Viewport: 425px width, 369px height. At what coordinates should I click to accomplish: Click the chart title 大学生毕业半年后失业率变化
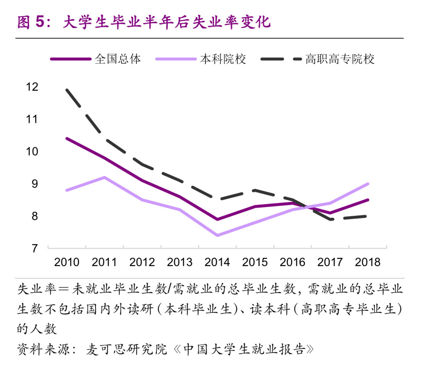coord(167,22)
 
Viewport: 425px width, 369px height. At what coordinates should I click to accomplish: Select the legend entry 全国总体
coord(118,59)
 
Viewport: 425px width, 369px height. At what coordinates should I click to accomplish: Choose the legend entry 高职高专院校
coord(340,59)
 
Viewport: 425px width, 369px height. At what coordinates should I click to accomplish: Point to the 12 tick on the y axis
coord(32,87)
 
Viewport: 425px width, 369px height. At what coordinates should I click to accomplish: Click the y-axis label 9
coord(35,184)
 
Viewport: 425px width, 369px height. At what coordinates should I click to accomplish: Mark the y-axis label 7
coord(35,249)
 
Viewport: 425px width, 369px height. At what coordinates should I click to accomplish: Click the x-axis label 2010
coord(67,262)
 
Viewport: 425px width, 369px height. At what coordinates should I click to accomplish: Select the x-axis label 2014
coord(217,262)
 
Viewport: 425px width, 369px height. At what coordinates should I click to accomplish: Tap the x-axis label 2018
coord(367,262)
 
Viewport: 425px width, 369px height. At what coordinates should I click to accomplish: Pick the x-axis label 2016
coord(292,262)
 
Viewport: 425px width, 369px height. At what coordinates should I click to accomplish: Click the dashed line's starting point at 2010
coord(67,90)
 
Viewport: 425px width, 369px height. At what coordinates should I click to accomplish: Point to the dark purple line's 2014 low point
coord(217,219)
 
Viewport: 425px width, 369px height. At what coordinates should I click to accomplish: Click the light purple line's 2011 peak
coord(104,177)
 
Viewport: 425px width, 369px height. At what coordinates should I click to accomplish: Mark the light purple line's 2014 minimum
coord(217,235)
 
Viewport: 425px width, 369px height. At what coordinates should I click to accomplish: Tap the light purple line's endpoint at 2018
coord(368,184)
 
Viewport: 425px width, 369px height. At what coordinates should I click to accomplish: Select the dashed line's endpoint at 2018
coord(365,216)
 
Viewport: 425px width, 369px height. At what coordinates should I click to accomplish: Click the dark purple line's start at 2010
coord(67,138)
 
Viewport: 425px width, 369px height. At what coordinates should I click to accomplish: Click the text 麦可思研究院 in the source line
coord(126,349)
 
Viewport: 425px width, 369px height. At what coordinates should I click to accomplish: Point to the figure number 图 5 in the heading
coord(30,22)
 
